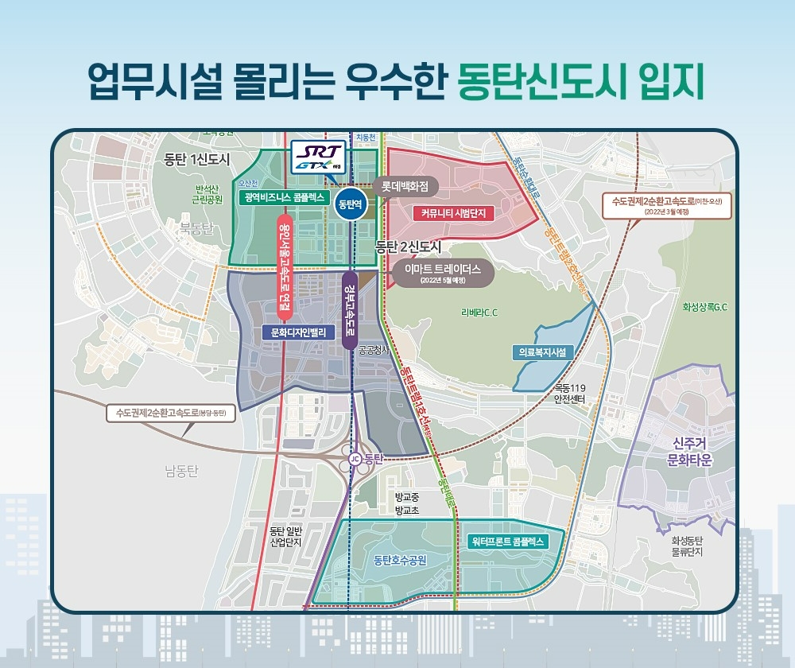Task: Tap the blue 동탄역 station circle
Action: click(x=351, y=204)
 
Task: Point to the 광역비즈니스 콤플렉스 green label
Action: click(x=284, y=197)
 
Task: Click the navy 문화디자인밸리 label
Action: click(x=299, y=332)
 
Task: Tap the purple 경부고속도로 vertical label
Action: click(x=348, y=311)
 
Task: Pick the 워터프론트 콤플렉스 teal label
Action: click(x=506, y=541)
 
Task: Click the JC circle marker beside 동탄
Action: click(x=355, y=459)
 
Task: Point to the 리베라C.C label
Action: click(x=479, y=313)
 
